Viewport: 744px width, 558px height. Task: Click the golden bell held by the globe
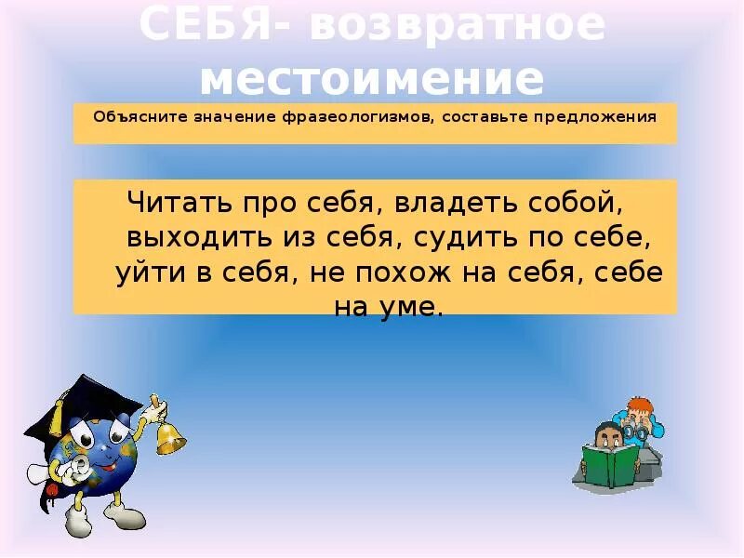click(x=170, y=438)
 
